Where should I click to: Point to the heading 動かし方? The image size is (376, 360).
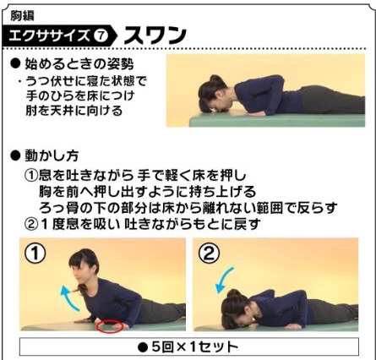pos(52,155)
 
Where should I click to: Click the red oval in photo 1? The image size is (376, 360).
pos(112,325)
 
